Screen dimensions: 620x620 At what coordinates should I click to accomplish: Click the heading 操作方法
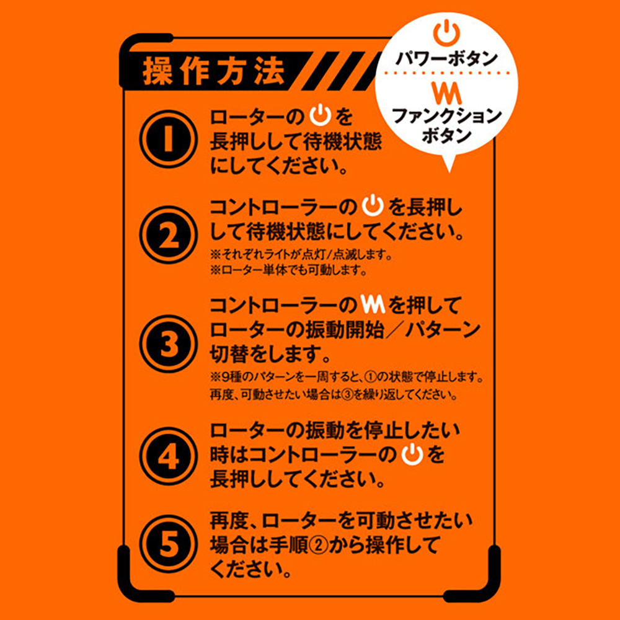pyautogui.click(x=214, y=73)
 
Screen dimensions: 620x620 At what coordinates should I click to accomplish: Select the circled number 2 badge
pyautogui.click(x=169, y=235)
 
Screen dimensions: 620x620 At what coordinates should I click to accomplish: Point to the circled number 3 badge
pyautogui.click(x=169, y=343)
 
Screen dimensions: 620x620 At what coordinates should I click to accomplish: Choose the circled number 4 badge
pyautogui.click(x=169, y=456)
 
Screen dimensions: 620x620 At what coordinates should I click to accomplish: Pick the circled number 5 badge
pyautogui.click(x=169, y=544)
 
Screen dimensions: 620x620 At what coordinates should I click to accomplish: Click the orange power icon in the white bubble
pyautogui.click(x=446, y=34)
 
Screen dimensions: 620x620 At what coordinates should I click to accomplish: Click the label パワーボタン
pyautogui.click(x=446, y=60)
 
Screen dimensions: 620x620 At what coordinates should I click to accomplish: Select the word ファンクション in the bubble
pyautogui.click(x=446, y=117)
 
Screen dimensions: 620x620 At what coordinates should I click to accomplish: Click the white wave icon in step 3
pyautogui.click(x=373, y=305)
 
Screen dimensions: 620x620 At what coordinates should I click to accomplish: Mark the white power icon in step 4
pyautogui.click(x=412, y=454)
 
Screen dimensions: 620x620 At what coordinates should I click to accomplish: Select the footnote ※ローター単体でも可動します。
pyautogui.click(x=289, y=271)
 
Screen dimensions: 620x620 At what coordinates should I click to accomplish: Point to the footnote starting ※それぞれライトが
pyautogui.click(x=302, y=255)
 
